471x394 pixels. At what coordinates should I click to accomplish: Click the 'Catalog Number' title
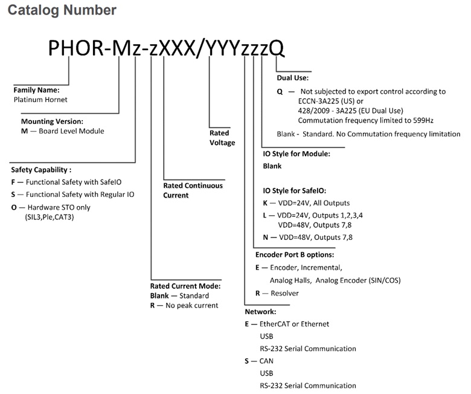[x=62, y=10]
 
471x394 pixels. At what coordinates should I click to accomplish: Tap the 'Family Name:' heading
[x=36, y=90]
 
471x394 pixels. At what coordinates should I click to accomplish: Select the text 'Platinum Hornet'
[x=40, y=100]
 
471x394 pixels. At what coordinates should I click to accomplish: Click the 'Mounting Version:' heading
[x=52, y=121]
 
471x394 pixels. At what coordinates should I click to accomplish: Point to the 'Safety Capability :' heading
[x=41, y=170]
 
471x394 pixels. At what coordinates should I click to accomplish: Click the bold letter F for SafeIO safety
[x=13, y=182]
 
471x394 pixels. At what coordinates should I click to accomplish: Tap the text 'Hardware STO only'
[x=59, y=207]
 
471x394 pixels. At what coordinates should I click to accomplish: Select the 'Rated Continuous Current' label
[x=193, y=190]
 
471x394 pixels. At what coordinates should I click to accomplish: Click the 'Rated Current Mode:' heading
[x=185, y=286]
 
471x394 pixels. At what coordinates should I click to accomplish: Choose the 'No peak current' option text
[x=191, y=305]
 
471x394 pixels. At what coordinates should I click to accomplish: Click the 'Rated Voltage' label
[x=222, y=138]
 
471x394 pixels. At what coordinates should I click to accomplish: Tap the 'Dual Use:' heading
[x=293, y=78]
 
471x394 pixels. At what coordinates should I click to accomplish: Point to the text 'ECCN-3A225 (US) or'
[x=331, y=101]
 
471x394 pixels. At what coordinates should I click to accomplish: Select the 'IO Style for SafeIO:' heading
[x=295, y=190]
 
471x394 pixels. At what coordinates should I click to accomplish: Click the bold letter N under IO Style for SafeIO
[x=266, y=237]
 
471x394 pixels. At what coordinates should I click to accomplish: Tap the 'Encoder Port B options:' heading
[x=295, y=255]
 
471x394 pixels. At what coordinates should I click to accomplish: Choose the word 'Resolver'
[x=285, y=293]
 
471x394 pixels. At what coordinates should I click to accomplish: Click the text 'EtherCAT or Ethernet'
[x=295, y=324]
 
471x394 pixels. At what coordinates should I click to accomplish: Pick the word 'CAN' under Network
[x=266, y=361]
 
